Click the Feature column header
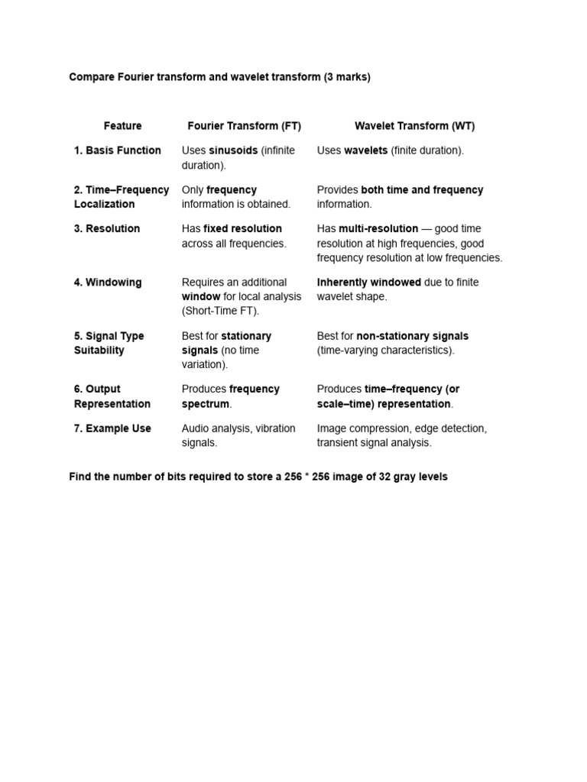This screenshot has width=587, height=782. click(x=122, y=126)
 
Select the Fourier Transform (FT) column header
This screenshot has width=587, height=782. click(x=244, y=126)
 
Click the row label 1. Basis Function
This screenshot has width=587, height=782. click(x=118, y=150)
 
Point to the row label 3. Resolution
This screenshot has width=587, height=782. click(x=107, y=228)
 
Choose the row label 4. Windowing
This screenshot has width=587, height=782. click(x=108, y=282)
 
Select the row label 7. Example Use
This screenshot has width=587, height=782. click(x=112, y=428)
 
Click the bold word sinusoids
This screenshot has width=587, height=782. click(x=233, y=150)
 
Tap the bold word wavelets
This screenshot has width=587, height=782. click(x=365, y=150)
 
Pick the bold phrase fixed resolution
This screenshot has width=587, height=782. click(x=242, y=228)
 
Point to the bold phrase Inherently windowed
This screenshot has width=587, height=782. click(x=368, y=282)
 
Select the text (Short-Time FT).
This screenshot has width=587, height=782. click(x=221, y=311)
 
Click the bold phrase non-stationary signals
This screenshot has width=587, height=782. click(x=412, y=336)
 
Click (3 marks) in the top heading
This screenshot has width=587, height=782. click(x=347, y=78)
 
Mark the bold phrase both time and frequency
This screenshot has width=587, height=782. click(x=422, y=190)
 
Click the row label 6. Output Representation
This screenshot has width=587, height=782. click(x=112, y=396)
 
